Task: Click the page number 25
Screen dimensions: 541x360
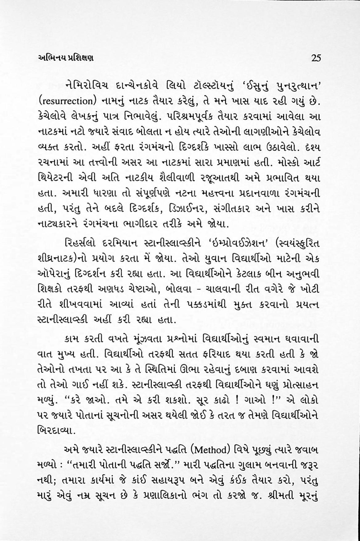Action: click(x=316, y=58)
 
